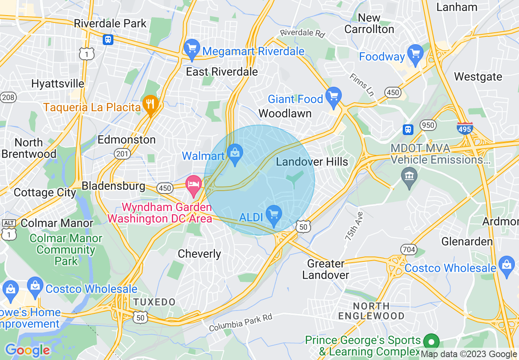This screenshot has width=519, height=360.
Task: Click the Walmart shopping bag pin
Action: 235,155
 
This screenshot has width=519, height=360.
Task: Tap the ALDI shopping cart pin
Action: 273,215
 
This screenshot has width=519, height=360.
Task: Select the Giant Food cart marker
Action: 334,97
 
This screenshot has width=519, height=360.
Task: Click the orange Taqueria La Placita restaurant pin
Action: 151,106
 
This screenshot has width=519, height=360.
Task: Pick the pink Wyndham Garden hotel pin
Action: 194,185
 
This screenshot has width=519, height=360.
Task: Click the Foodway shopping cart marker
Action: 415,55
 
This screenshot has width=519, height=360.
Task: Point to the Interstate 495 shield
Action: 465,128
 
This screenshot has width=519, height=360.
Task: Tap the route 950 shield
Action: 428,125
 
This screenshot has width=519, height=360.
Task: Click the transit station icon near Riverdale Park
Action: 108,40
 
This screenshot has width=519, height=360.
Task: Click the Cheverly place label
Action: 199,254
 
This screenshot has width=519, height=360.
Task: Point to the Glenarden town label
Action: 467,241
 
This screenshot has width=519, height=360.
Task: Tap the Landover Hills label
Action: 312,162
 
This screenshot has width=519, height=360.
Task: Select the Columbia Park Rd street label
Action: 240,323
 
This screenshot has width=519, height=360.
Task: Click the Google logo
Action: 27,350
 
